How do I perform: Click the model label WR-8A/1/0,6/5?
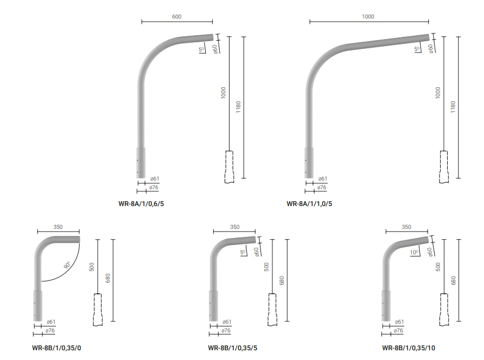pyautogui.click(x=141, y=204)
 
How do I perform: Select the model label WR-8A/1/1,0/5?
pyautogui.click(x=309, y=204)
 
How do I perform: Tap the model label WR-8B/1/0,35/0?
pyautogui.click(x=56, y=348)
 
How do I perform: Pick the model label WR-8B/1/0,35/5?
pyautogui.click(x=232, y=348)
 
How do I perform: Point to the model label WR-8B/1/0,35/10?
pyautogui.click(x=409, y=348)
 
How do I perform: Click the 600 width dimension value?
pyautogui.click(x=176, y=16)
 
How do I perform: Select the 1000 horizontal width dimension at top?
pyautogui.click(x=368, y=16)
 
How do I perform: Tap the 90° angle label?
pyautogui.click(x=67, y=265)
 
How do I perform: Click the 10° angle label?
pyautogui.click(x=415, y=252)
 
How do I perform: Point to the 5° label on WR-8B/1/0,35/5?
pyautogui.click(x=243, y=252)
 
